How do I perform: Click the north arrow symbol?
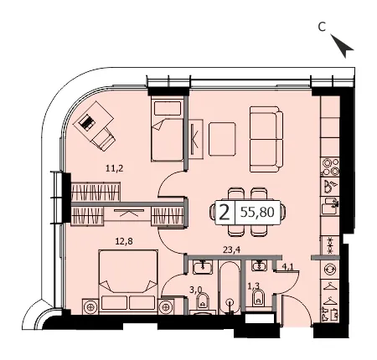[x=343, y=45]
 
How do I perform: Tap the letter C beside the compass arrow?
[x=322, y=27]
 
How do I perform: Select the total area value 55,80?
[x=257, y=213]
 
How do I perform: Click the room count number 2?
[x=225, y=213]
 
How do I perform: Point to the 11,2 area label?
[x=115, y=168]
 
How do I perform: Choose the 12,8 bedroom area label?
[x=124, y=242]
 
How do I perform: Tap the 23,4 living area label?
[x=231, y=250]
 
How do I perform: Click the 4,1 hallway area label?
[x=287, y=266]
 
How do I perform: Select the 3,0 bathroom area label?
[x=196, y=290]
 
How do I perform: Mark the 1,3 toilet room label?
[x=254, y=285]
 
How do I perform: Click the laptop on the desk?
[x=86, y=122]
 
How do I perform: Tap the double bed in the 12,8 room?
[x=128, y=282]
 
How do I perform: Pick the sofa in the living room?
[x=266, y=139]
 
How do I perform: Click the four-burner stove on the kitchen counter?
[x=330, y=167]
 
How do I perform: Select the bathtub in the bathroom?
[x=230, y=287]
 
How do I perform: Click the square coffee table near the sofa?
[x=222, y=139]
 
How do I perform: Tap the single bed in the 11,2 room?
[x=167, y=129]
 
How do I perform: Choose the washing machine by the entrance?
[x=330, y=270]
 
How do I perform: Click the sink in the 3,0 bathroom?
[x=203, y=267]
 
